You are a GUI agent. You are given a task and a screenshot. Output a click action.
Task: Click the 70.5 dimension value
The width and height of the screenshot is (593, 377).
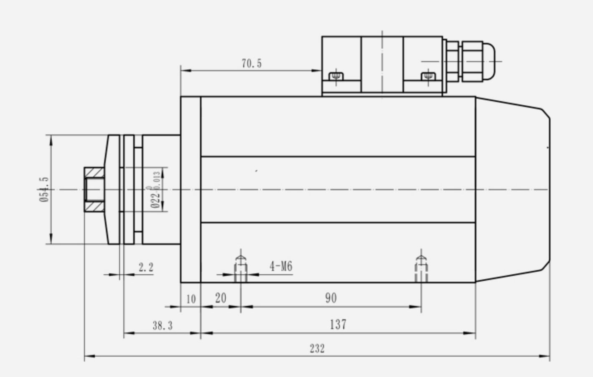(x=252, y=64)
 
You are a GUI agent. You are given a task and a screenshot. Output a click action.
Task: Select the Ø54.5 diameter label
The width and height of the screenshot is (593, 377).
(x=44, y=189)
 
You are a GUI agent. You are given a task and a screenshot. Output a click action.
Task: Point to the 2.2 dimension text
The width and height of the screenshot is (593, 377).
(x=146, y=267)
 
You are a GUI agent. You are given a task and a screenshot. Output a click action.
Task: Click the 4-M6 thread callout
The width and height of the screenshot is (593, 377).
(x=281, y=266)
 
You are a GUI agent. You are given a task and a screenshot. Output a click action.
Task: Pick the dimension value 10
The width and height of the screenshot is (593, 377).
(x=191, y=299)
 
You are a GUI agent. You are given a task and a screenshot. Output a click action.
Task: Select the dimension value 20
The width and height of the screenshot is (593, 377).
(x=221, y=298)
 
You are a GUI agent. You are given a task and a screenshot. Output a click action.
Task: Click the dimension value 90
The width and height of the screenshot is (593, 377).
(x=331, y=298)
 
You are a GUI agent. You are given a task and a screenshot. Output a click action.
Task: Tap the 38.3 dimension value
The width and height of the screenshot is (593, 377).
(x=162, y=325)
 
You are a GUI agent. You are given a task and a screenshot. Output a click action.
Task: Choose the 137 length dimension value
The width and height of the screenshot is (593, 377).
(x=338, y=324)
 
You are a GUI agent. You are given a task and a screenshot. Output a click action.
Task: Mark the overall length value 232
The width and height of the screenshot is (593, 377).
(x=317, y=348)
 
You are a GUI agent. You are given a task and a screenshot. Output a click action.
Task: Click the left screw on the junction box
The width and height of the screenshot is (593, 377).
(x=336, y=77)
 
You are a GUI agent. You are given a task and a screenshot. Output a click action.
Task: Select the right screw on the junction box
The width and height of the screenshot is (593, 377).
(x=428, y=77)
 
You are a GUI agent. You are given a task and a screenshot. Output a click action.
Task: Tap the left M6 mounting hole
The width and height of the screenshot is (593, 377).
(x=240, y=268)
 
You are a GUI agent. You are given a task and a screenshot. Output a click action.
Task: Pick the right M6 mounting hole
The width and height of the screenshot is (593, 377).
(x=421, y=268)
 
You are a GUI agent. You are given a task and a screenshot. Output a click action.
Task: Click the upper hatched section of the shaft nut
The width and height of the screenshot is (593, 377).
(x=94, y=172)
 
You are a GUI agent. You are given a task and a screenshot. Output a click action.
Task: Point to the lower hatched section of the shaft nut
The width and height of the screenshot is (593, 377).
(x=94, y=207)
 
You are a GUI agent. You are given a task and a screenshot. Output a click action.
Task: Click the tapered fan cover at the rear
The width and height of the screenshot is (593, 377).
(x=512, y=189)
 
